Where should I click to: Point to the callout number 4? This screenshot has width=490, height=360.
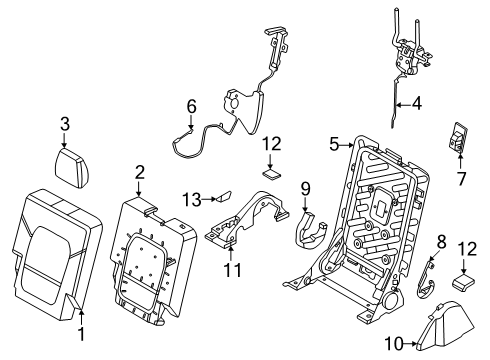[418, 101]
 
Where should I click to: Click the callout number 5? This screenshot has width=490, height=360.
[335, 144]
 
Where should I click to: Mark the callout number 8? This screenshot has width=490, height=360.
[439, 241]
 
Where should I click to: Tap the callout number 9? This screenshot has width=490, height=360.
[306, 187]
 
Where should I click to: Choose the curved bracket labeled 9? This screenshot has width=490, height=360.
[309, 232]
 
